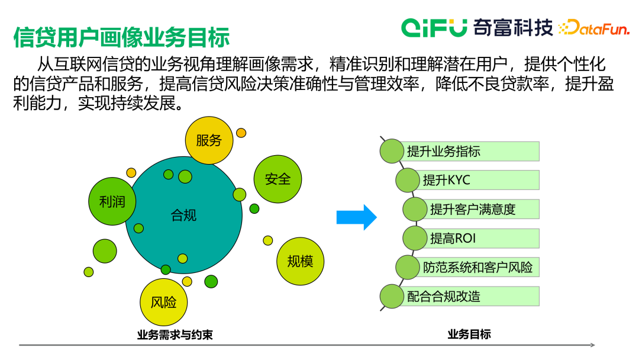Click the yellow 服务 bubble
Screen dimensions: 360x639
pyautogui.click(x=209, y=140)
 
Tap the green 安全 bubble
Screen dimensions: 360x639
pyautogui.click(x=277, y=179)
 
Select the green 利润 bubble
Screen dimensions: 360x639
pyautogui.click(x=112, y=201)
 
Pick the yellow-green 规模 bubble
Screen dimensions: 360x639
pyautogui.click(x=300, y=261)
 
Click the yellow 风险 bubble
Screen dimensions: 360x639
pyautogui.click(x=163, y=302)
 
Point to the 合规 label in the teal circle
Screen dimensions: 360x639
pyautogui.click(x=183, y=215)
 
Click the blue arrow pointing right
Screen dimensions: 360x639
pyautogui.click(x=356, y=217)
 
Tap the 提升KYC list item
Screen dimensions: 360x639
pyautogui.click(x=473, y=180)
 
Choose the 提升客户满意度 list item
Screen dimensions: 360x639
pyautogui.click(x=479, y=209)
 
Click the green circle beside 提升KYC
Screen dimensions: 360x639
pyautogui.click(x=407, y=180)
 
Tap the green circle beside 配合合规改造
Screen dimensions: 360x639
pyautogui.click(x=391, y=296)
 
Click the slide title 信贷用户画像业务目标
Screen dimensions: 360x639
pyautogui.click(x=121, y=37)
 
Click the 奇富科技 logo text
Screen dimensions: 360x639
pyautogui.click(x=512, y=27)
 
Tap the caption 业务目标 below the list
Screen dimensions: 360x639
pyautogui.click(x=469, y=334)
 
